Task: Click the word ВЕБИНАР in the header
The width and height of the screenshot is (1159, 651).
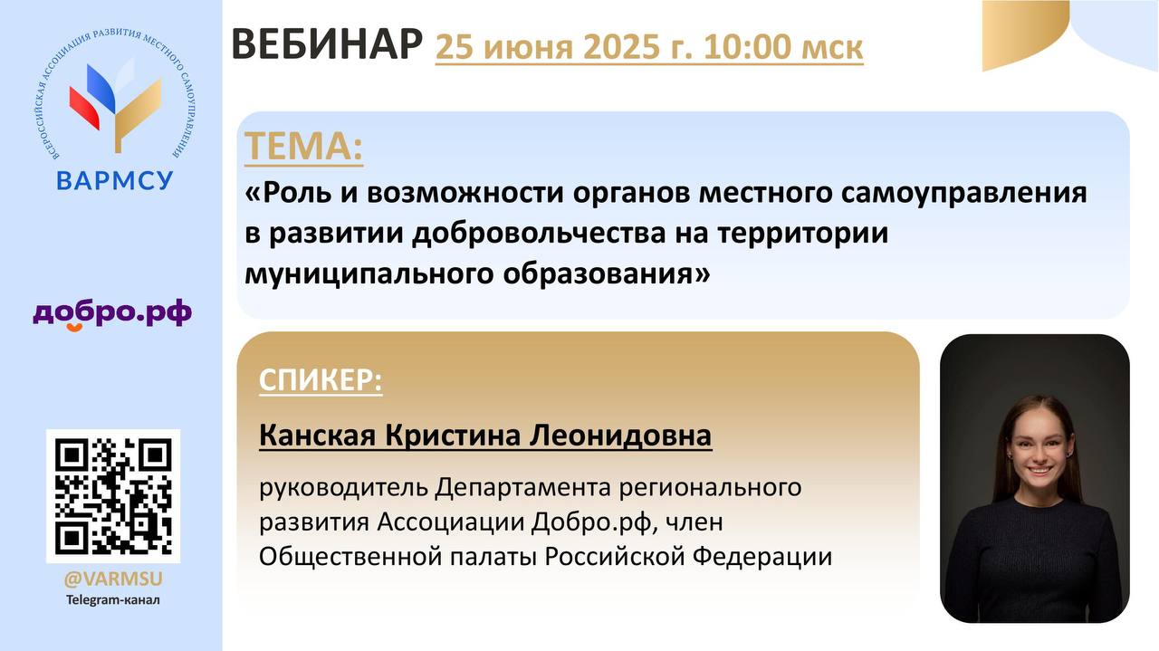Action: [327, 45]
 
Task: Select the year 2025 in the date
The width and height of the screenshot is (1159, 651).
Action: [622, 47]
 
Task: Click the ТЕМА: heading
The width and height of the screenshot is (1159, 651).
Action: [303, 147]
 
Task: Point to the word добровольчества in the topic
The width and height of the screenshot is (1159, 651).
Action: [539, 234]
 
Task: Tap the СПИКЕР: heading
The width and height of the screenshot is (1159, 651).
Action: [321, 380]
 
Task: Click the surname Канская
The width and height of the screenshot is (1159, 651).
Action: [317, 436]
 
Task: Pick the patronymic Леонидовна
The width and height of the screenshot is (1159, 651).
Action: [620, 436]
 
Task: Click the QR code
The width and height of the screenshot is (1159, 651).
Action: [113, 496]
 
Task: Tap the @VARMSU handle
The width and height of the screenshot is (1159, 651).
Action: [113, 579]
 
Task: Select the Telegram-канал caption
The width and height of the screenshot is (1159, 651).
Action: [113, 600]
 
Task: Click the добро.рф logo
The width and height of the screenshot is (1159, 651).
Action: [112, 314]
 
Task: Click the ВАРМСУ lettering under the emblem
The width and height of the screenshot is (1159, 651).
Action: [114, 180]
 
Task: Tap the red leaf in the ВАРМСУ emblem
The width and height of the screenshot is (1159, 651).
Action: [84, 109]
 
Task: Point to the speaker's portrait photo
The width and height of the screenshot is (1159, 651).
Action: [1034, 478]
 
